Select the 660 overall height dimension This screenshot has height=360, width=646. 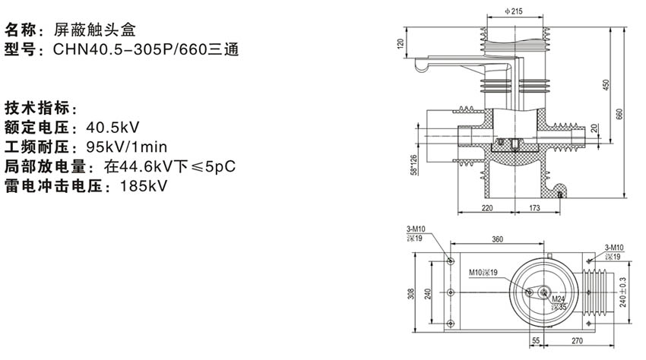pos(620,114)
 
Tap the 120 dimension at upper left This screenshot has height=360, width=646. pos(401,44)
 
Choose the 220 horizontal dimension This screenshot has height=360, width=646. pos(487,207)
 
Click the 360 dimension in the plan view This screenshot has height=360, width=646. pos(497,239)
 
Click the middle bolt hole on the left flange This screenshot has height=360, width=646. pos(451,292)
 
